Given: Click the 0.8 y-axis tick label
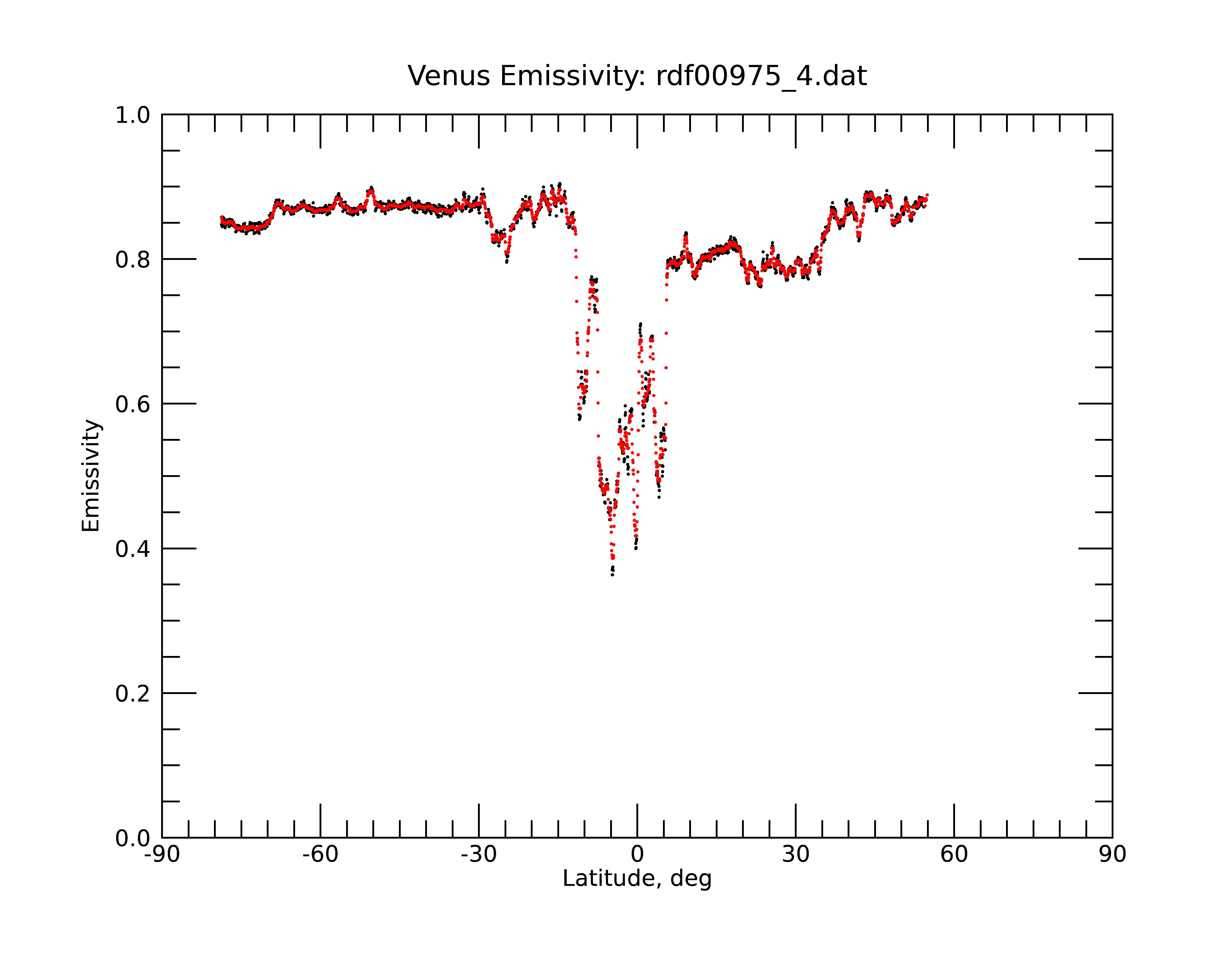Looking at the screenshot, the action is click(133, 260).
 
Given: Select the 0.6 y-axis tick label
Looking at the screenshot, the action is click(133, 404).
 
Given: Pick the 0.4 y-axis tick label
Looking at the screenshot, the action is click(133, 549).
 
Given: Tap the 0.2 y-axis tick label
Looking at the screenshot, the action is click(133, 694).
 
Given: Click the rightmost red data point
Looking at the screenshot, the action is click(928, 194).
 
